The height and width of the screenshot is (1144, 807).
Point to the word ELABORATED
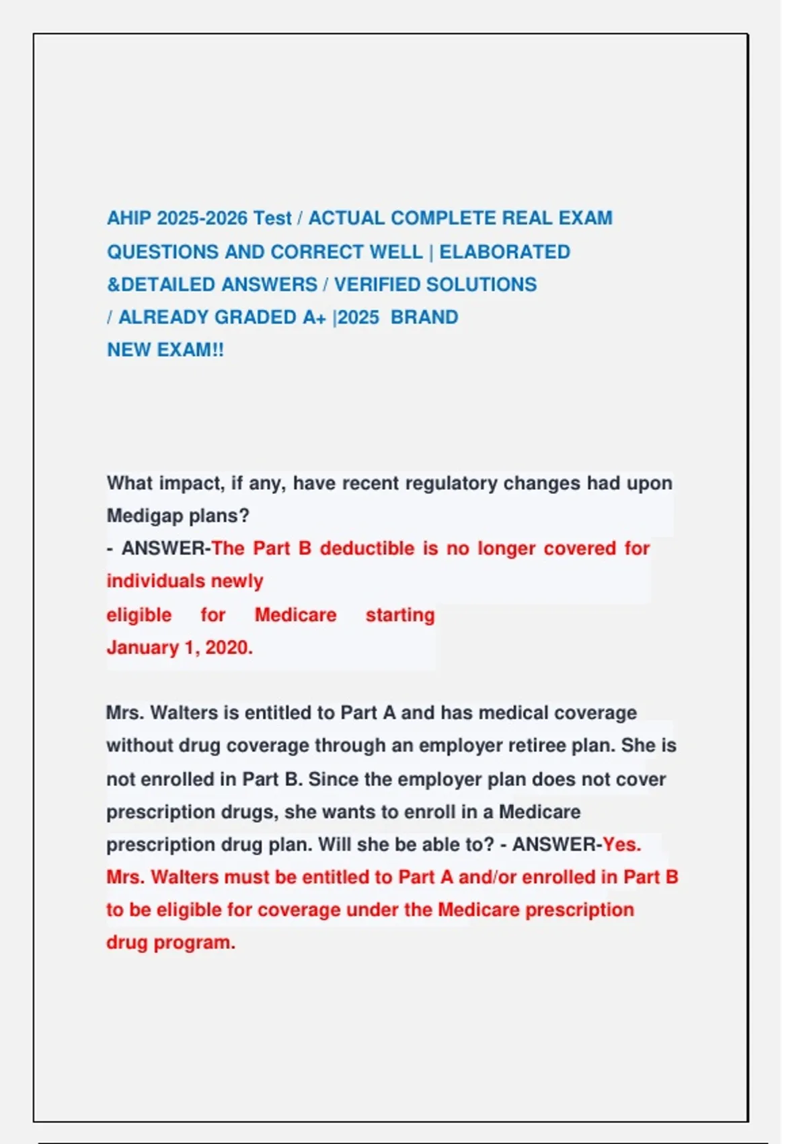tap(504, 252)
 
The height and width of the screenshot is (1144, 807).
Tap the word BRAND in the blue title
tap(424, 318)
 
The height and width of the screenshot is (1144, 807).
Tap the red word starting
tap(400, 615)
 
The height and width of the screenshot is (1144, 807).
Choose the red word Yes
tap(621, 845)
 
